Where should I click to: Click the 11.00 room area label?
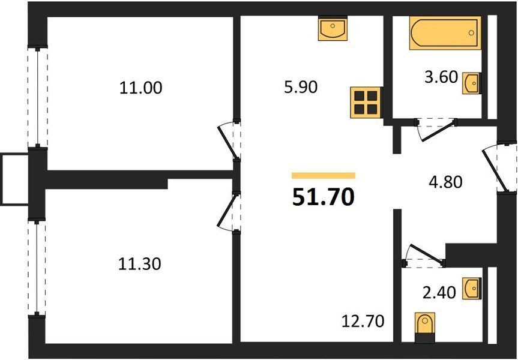[x=140, y=88]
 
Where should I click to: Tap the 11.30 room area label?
[x=140, y=264]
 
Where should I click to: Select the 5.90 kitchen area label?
[x=301, y=87]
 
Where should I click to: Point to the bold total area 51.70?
[x=323, y=197]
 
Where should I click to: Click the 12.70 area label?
[x=363, y=321]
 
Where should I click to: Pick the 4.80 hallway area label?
[x=445, y=182]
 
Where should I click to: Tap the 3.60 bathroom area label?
[x=441, y=77]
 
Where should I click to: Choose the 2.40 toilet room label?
[x=439, y=293]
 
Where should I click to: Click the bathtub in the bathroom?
[x=445, y=32]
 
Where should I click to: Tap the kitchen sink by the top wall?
[x=333, y=28]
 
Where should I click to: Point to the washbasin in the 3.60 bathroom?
[x=471, y=83]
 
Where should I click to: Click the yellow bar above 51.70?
[x=324, y=176]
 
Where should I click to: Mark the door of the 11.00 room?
[x=228, y=140]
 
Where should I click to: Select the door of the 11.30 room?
[x=229, y=212]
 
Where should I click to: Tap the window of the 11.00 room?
[x=38, y=97]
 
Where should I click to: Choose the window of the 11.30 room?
[x=37, y=268]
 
